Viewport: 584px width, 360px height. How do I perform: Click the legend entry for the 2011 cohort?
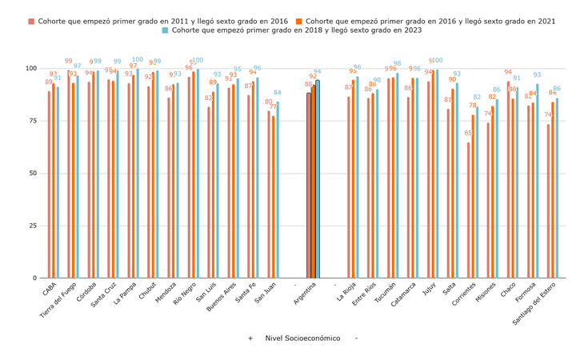[x=159, y=22]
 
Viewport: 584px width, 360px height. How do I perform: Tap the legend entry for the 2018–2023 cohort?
[x=296, y=30]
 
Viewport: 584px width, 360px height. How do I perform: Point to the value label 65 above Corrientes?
[x=468, y=134]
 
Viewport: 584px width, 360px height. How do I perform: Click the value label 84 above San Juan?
[x=278, y=93]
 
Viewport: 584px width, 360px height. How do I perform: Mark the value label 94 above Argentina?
[x=318, y=72]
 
